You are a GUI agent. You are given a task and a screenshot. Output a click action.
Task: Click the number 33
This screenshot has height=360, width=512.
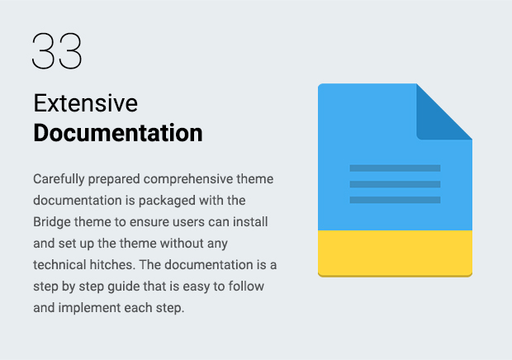coord(57,50)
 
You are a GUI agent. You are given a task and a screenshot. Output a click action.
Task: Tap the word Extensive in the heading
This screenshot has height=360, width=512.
coord(86,103)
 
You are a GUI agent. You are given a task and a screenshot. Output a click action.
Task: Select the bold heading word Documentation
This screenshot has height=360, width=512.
coord(118,133)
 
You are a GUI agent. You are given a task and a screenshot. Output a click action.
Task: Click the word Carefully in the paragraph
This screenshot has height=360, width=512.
coord(59,179)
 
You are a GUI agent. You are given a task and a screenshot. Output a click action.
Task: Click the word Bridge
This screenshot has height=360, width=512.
coord(52,222)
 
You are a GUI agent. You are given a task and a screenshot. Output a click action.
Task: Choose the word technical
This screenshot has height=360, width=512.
coord(59,265)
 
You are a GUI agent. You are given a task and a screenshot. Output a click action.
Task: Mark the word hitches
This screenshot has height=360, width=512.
coord(112,265)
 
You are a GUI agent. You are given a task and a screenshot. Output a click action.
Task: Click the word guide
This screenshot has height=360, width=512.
coord(124,287)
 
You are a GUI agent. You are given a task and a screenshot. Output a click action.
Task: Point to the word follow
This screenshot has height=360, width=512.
coord(246,287)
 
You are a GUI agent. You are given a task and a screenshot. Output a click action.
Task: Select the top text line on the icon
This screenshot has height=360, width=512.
coord(395,168)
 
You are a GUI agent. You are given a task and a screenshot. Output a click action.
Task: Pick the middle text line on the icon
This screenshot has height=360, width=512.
coord(395,184)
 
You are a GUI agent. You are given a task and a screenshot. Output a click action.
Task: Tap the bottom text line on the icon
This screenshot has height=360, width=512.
coord(395,200)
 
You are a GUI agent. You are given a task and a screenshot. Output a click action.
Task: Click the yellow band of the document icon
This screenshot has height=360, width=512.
coord(395,253)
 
